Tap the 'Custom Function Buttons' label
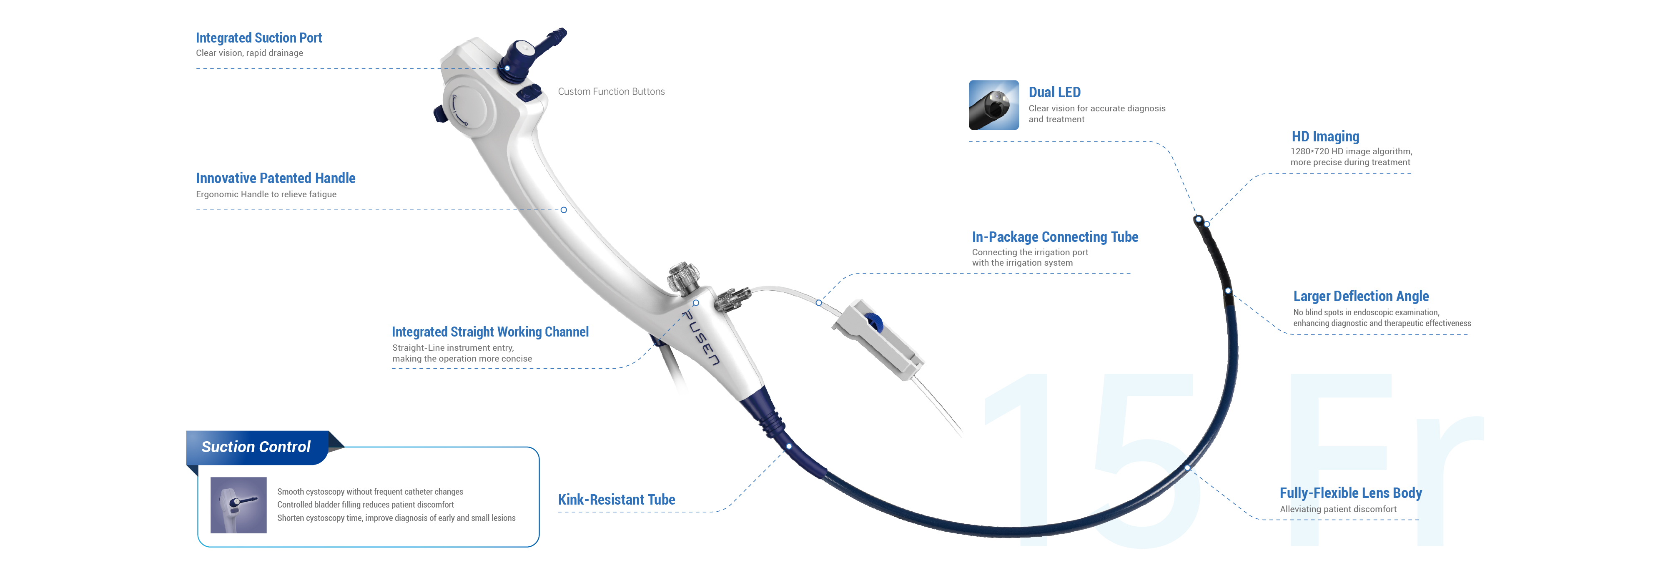(611, 92)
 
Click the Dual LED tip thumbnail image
(993, 106)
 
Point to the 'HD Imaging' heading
(1325, 137)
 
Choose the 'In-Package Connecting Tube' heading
(1055, 237)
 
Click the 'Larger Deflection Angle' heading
(1360, 296)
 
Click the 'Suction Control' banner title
(256, 447)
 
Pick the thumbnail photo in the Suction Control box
(238, 505)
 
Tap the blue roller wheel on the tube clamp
(873, 322)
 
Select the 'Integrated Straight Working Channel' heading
(490, 332)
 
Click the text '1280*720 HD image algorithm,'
(1351, 151)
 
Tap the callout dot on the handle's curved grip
(563, 210)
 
